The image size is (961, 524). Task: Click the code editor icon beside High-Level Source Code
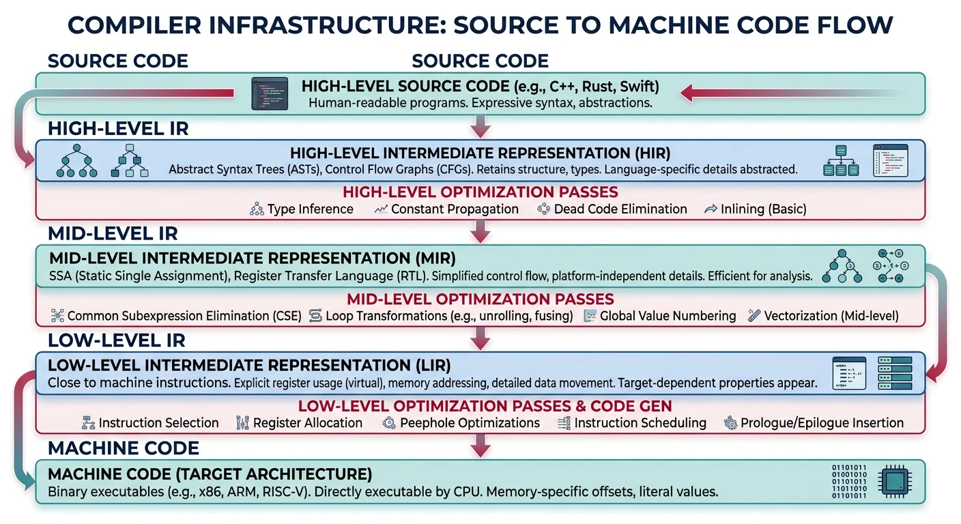click(x=269, y=93)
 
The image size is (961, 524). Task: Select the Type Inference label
click(x=310, y=209)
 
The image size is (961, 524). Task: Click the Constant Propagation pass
click(x=455, y=209)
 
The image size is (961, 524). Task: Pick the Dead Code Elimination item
click(x=620, y=209)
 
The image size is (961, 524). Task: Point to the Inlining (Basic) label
click(x=763, y=209)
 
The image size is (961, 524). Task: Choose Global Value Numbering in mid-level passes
click(x=668, y=316)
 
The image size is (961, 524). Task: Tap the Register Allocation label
click(x=307, y=423)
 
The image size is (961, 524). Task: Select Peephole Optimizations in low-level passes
click(x=470, y=423)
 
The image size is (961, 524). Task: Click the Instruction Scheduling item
click(x=640, y=423)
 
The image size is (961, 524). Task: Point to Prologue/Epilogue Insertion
click(x=822, y=423)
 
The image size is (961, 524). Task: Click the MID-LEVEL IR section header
click(x=113, y=233)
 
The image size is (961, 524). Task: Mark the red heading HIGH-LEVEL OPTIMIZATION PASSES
click(x=480, y=192)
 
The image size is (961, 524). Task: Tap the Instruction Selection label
click(x=158, y=423)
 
